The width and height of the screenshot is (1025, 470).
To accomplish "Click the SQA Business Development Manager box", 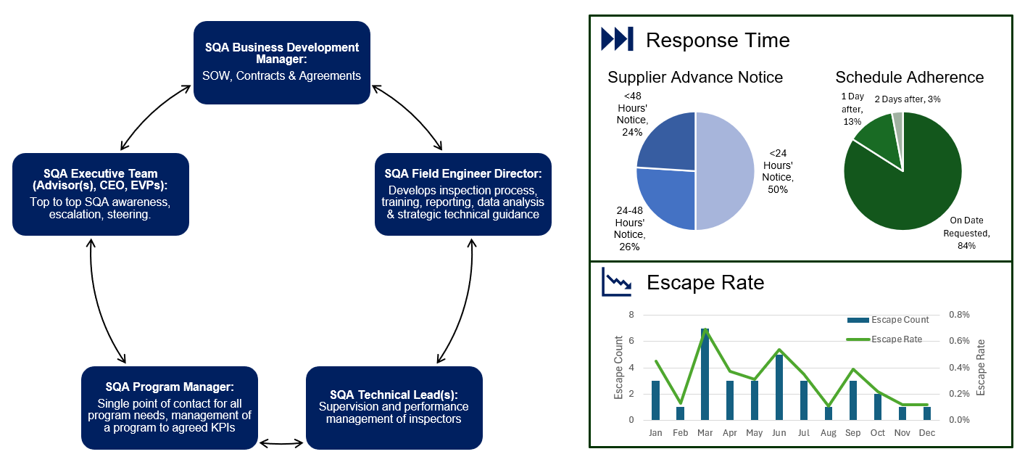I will click(281, 62).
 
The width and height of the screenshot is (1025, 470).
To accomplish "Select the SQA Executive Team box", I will click(100, 194).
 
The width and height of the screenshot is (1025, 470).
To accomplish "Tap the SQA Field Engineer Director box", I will click(462, 194).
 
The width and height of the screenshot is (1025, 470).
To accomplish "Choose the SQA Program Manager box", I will click(169, 407).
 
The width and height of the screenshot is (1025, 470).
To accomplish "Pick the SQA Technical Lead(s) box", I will click(394, 407).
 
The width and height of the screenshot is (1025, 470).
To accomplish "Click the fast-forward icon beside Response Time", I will click(617, 39).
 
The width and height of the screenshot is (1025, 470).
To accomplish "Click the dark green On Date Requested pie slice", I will click(906, 189).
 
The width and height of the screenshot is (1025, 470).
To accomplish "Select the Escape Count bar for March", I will click(705, 374).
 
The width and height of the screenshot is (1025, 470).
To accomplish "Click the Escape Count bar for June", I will click(779, 387).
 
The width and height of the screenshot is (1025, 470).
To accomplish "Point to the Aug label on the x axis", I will click(828, 433).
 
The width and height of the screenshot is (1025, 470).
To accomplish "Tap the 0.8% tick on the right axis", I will click(959, 315).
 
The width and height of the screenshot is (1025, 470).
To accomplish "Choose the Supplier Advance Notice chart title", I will click(694, 77).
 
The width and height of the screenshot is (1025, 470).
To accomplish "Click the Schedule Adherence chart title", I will click(909, 77).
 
